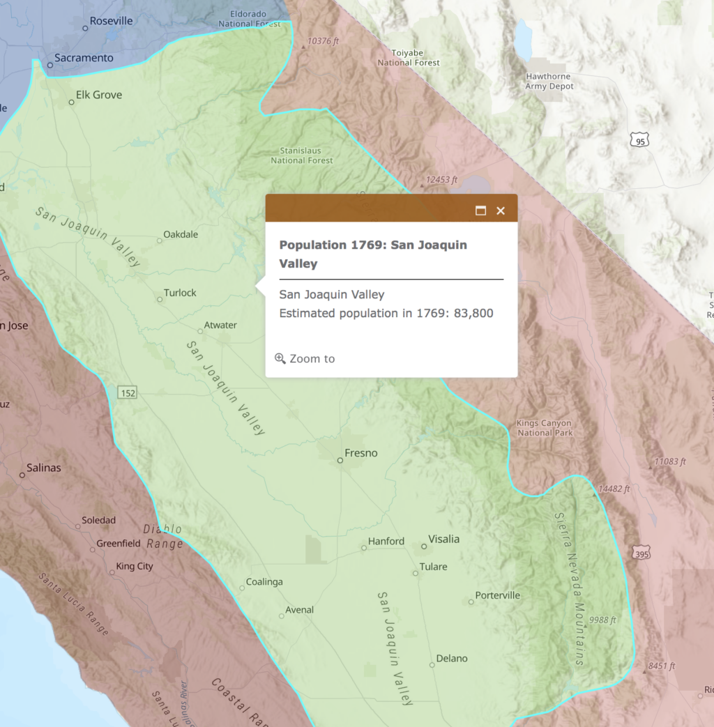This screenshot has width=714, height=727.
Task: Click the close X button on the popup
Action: click(x=500, y=211)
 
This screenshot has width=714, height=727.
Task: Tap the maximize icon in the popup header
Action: click(x=480, y=211)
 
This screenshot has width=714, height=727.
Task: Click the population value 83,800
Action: click(x=473, y=313)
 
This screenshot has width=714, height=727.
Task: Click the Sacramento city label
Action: click(x=84, y=58)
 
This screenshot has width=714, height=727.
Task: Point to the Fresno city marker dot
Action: click(x=340, y=461)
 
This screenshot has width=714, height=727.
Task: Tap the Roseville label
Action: click(x=111, y=21)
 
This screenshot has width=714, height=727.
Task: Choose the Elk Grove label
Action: click(x=98, y=95)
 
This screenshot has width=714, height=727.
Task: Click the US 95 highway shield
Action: click(x=639, y=141)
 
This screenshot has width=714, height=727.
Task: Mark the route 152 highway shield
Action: click(x=128, y=393)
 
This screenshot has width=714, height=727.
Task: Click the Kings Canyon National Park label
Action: click(x=545, y=428)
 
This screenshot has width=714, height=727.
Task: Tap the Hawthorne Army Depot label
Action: click(x=549, y=82)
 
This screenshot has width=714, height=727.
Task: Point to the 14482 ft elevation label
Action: click(x=613, y=489)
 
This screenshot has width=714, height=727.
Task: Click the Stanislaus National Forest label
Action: click(x=302, y=155)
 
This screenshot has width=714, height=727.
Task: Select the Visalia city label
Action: click(x=443, y=539)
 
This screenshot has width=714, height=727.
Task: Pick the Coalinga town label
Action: click(x=264, y=582)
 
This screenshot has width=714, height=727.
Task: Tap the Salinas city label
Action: click(x=43, y=468)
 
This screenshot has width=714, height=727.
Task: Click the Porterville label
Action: click(x=497, y=595)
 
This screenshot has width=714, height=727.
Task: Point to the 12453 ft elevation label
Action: click(x=441, y=180)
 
